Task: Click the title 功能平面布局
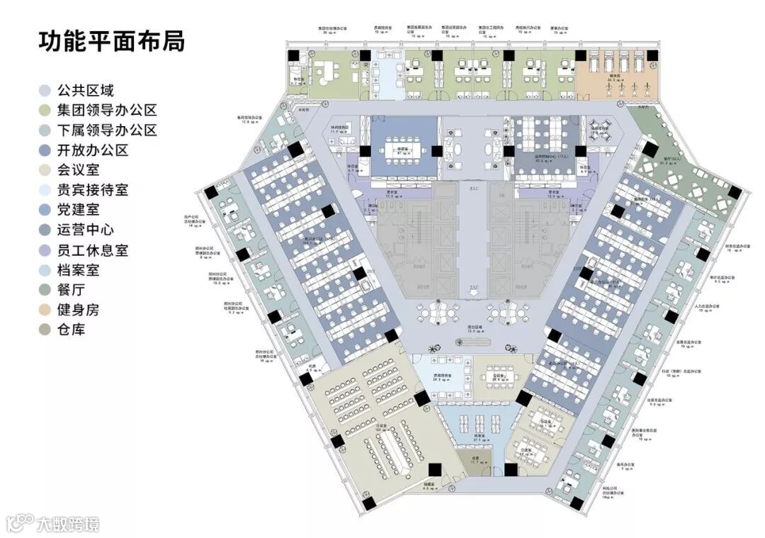tap(112, 40)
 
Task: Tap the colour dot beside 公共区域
tap(45, 91)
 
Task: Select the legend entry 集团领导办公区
tap(106, 111)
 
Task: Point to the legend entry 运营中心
tap(85, 230)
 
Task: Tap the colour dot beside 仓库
tap(45, 330)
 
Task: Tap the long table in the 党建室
tap(402, 151)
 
